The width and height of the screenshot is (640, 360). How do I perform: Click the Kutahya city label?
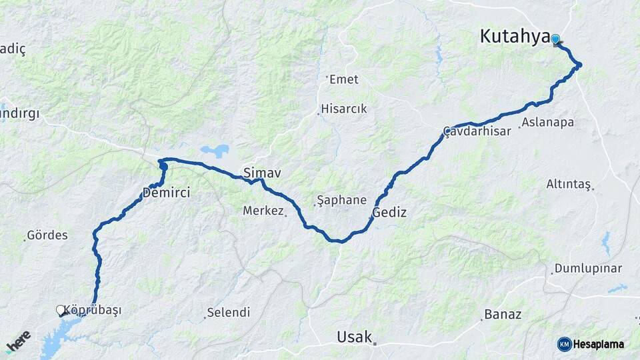point(514,37)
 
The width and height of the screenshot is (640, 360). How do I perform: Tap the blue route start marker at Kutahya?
point(555,39)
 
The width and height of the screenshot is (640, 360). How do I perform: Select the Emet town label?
point(343,79)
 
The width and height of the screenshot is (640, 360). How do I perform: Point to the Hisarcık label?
point(344,109)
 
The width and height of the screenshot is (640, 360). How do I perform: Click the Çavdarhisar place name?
point(477,131)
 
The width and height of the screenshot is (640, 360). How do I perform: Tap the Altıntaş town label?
point(569,183)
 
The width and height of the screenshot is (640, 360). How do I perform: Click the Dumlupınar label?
point(589,269)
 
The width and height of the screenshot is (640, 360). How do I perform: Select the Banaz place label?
point(503,314)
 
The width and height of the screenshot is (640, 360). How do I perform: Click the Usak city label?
point(354,337)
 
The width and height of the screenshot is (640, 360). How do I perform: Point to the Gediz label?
point(389,213)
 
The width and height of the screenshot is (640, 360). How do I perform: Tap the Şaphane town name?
point(341,200)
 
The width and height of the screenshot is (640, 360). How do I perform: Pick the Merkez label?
point(263,211)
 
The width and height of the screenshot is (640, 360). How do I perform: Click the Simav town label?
point(262,173)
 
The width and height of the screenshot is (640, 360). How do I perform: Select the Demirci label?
point(166,193)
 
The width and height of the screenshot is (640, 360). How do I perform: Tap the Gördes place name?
point(47,235)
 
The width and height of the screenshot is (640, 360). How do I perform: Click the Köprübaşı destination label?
point(93,311)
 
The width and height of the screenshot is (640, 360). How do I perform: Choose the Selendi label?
point(228,312)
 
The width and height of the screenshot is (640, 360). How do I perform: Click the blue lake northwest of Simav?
point(214,151)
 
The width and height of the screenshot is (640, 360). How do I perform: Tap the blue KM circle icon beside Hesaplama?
point(564,344)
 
